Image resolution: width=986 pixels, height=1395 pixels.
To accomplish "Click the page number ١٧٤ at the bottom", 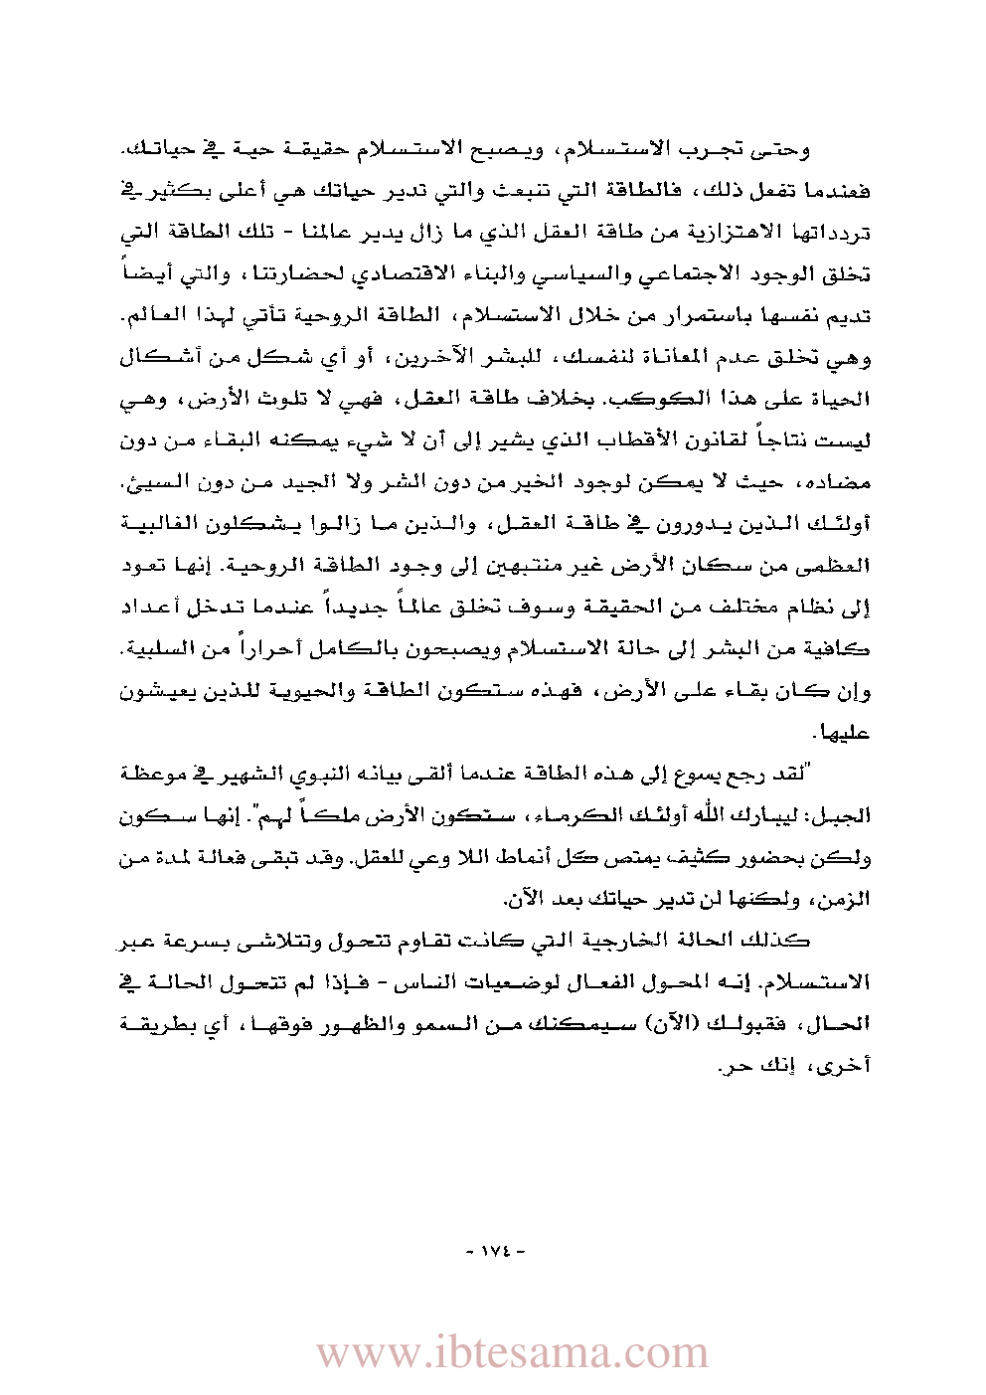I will tap(494, 1249).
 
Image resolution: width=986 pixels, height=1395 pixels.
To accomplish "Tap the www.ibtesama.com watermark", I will tap(512, 1353).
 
